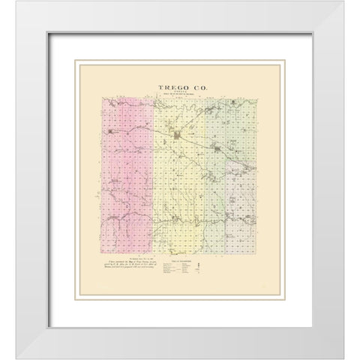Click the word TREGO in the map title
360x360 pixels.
[x=169, y=88]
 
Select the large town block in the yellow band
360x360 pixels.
[x=178, y=136]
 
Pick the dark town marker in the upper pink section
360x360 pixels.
[x=112, y=134]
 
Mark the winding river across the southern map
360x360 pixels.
[x=180, y=221]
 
